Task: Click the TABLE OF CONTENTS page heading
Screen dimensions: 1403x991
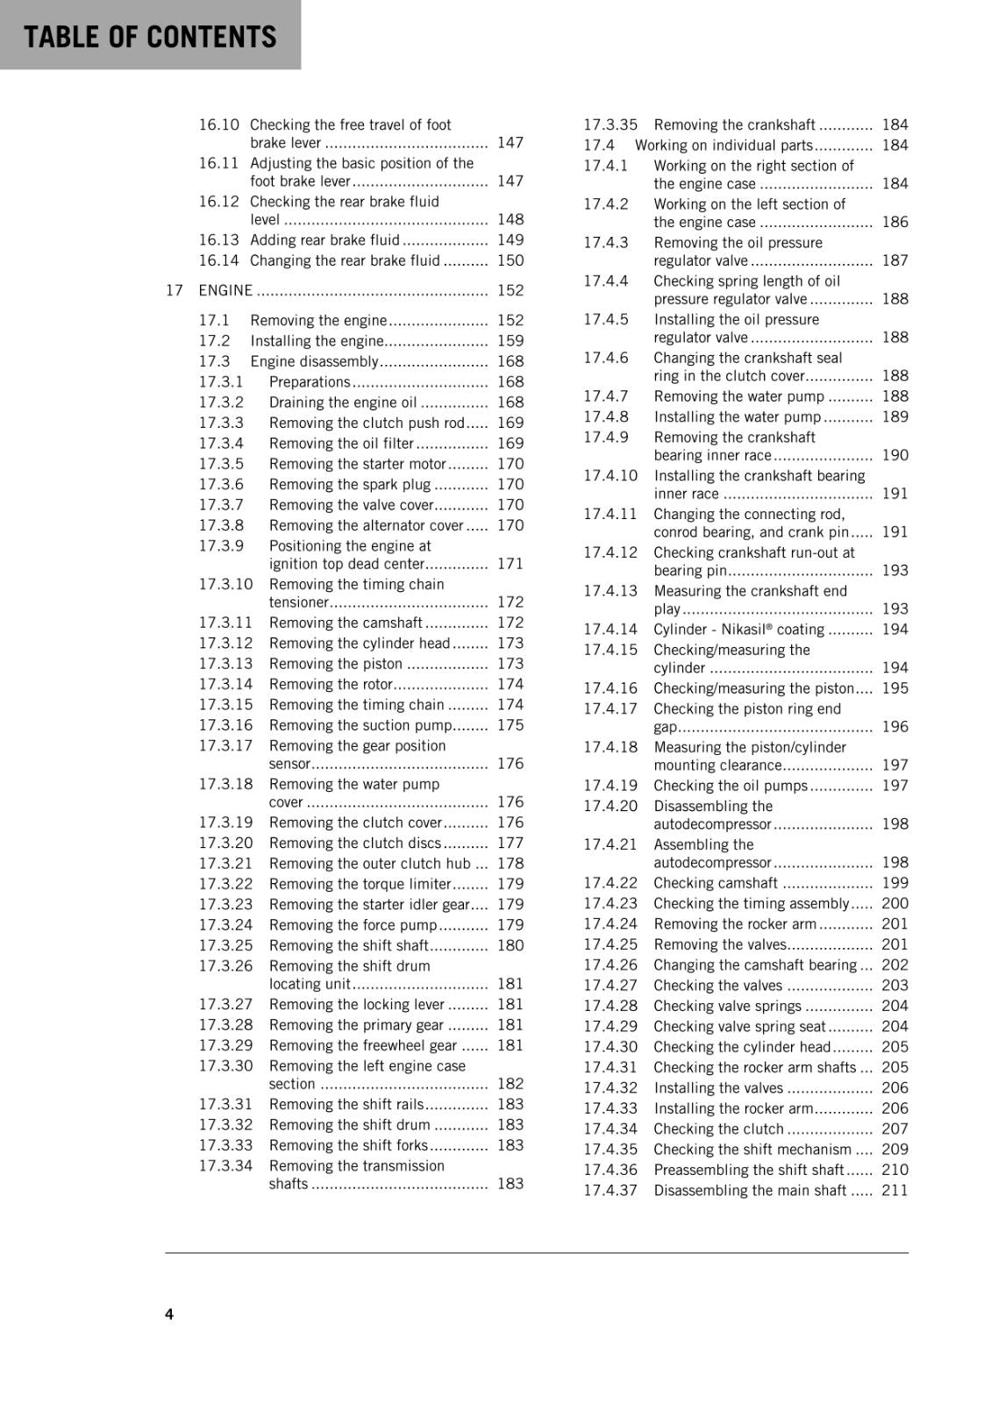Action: click(150, 37)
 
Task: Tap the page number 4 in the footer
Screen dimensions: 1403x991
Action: click(169, 1314)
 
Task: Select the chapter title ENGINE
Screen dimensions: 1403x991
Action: click(225, 290)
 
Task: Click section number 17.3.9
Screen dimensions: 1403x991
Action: click(221, 545)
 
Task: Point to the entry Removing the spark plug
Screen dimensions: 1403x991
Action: click(350, 484)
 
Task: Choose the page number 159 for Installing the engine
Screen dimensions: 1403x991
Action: click(510, 341)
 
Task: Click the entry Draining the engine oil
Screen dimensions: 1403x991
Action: click(343, 402)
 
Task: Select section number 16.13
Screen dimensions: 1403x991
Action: click(218, 239)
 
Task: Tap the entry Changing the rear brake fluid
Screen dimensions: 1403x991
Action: click(345, 260)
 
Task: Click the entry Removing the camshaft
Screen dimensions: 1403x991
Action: click(346, 623)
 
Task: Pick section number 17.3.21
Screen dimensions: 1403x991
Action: click(225, 864)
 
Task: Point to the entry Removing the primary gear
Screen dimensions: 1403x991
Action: click(356, 1025)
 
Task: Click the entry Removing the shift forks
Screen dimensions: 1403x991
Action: click(348, 1145)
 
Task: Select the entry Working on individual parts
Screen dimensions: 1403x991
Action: click(724, 146)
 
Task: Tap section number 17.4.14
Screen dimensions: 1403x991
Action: click(610, 630)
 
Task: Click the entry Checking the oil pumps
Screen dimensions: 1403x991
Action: click(731, 786)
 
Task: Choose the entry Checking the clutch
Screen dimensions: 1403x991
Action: click(718, 1129)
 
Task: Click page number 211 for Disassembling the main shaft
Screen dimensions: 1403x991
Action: click(895, 1191)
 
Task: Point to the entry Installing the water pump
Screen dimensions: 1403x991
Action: click(737, 417)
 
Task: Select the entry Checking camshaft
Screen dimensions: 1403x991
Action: click(716, 883)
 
